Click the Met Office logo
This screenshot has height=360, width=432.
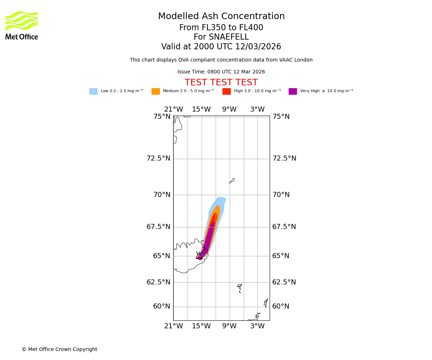[x=22, y=26]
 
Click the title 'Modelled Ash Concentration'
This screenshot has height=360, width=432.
[x=221, y=17]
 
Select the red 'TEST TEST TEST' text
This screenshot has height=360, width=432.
[x=221, y=83]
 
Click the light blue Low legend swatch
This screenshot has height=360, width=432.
[x=93, y=91]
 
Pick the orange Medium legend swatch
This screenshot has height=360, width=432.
[x=156, y=91]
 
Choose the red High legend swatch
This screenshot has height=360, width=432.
[x=226, y=91]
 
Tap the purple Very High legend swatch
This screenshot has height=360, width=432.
[x=293, y=91]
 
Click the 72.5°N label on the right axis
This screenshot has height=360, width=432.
[x=284, y=158]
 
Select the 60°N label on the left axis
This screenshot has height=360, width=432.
[x=162, y=306]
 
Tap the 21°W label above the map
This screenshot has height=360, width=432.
[x=174, y=109]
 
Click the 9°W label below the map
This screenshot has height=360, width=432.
[x=229, y=326]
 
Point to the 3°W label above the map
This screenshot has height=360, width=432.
[x=257, y=109]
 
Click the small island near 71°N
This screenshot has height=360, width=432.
[x=232, y=181]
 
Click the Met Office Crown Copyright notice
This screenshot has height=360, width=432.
[x=59, y=350]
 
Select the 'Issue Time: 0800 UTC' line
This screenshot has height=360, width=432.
[x=221, y=72]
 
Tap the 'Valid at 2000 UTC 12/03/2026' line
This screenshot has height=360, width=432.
[x=221, y=47]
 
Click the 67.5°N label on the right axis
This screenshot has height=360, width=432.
[x=284, y=227]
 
